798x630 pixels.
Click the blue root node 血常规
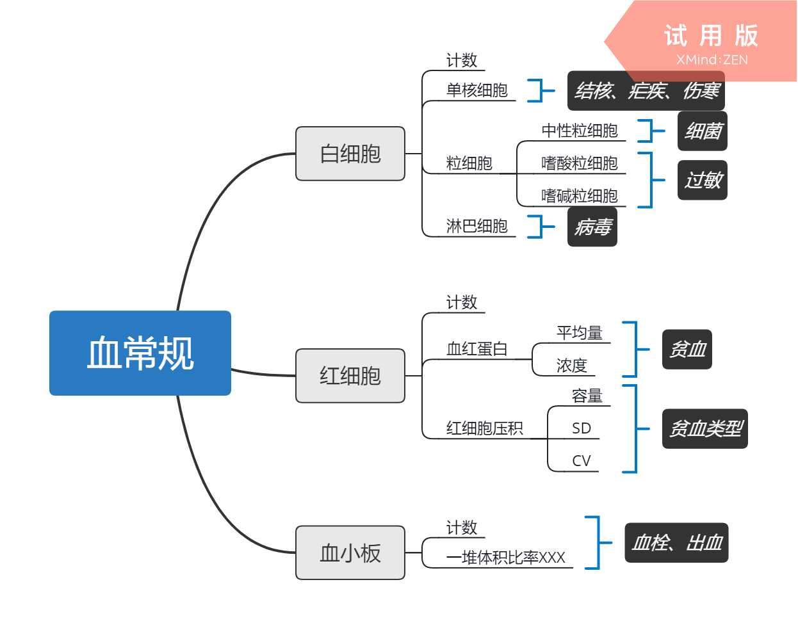tap(140, 353)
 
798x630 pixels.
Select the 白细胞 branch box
tap(350, 154)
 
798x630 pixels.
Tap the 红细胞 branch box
tap(350, 376)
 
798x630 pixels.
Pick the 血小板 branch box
tap(350, 553)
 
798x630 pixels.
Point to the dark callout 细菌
tap(703, 131)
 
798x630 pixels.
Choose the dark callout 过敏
tap(703, 180)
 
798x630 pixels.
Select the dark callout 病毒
tap(592, 227)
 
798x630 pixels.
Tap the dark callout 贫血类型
tap(705, 428)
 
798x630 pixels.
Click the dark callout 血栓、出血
tap(676, 543)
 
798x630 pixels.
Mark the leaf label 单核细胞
tap(476, 90)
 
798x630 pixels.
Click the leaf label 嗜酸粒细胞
tap(580, 163)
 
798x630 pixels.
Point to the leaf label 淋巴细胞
tap(476, 226)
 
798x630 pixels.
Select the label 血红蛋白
tap(476, 349)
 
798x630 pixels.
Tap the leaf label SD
tap(582, 428)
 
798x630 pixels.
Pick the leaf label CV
tap(582, 461)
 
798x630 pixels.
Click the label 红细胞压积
tap(484, 428)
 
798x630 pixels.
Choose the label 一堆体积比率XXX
tap(506, 558)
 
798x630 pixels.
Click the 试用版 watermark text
tap(711, 36)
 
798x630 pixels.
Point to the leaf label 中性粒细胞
tap(580, 131)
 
